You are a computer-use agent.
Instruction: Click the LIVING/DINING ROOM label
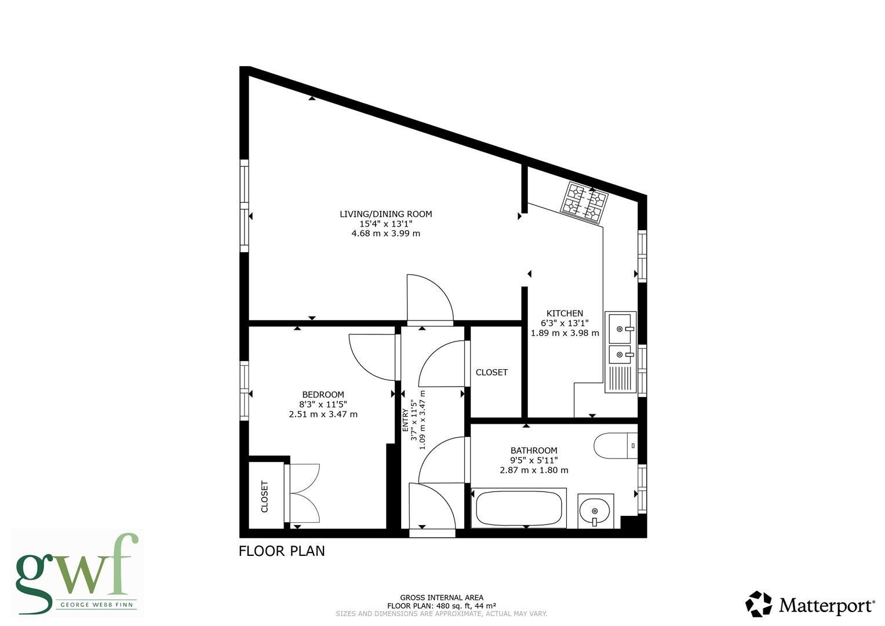(x=385, y=214)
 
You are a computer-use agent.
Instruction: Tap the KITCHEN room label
(x=564, y=314)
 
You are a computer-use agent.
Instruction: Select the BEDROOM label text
(x=323, y=394)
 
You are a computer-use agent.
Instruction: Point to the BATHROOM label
(x=534, y=450)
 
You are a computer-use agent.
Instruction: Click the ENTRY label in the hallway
(x=405, y=420)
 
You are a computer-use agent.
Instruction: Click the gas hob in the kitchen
(x=584, y=202)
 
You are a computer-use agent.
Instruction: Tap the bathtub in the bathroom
(x=519, y=508)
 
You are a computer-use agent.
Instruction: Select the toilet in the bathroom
(x=616, y=445)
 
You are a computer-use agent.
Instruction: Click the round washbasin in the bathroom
(x=595, y=511)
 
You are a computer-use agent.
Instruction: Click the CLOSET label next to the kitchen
(x=491, y=372)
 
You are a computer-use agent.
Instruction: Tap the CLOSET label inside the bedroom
(x=265, y=497)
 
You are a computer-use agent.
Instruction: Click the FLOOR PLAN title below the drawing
(x=282, y=551)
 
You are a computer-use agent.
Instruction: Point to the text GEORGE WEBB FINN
(x=96, y=604)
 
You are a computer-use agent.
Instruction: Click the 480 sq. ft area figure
(x=454, y=606)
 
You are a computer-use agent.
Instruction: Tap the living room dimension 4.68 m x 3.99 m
(x=385, y=234)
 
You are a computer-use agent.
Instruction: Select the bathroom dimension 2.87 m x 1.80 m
(x=534, y=470)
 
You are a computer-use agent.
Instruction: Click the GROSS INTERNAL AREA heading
(x=442, y=598)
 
